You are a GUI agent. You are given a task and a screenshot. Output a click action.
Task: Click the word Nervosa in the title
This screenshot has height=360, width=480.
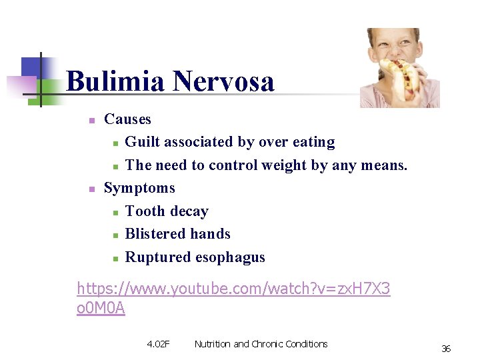tap(223, 82)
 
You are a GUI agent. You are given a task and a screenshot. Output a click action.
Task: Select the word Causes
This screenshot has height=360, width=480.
tap(128, 119)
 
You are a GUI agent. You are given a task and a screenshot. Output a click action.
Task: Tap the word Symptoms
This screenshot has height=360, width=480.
tap(139, 188)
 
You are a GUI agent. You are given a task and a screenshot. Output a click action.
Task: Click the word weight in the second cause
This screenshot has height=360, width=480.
tap(284, 165)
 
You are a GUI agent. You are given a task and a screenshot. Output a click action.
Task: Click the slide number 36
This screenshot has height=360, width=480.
tap(446, 349)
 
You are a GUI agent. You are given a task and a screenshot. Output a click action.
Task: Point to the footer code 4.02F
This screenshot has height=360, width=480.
tap(158, 344)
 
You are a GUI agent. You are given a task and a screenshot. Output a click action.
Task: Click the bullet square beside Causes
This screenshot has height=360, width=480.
tap(93, 121)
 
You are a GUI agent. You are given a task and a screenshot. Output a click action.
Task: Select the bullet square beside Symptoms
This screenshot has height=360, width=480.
tap(93, 189)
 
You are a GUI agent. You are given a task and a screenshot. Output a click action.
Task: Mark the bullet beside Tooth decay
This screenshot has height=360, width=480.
tap(115, 213)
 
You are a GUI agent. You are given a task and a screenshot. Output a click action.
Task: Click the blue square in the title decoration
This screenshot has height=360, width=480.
tap(31, 67)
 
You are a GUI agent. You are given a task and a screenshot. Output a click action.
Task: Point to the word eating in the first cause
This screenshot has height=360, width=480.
tap(313, 142)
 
